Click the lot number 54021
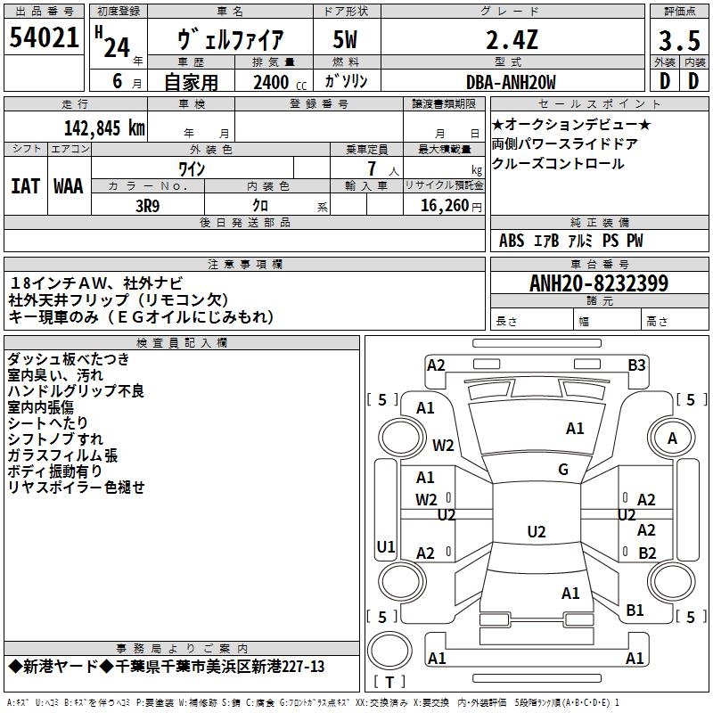(44, 37)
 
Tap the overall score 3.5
(679, 40)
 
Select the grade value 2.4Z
(512, 39)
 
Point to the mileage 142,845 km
(104, 128)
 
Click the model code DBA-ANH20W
(511, 82)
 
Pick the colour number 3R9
(148, 206)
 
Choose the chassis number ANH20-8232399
(599, 283)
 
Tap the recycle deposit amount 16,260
(445, 206)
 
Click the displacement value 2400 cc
(280, 82)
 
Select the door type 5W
(345, 39)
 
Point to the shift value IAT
(26, 186)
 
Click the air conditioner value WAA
(69, 186)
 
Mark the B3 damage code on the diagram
(636, 365)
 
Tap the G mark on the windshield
(563, 470)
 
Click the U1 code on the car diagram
(386, 546)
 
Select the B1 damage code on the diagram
(635, 611)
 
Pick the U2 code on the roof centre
(537, 531)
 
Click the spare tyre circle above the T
(389, 651)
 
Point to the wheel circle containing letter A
(672, 438)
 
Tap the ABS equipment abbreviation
(512, 241)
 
